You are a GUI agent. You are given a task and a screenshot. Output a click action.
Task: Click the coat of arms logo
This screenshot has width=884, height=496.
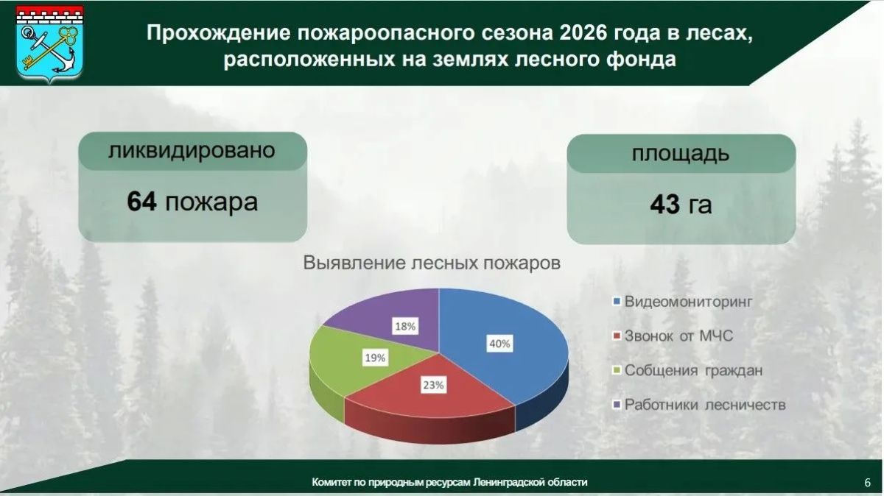click(x=50, y=44)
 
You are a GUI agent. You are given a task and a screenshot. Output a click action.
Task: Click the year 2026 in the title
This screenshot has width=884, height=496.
click(x=583, y=32)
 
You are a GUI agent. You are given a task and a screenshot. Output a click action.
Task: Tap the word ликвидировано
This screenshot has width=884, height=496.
click(x=192, y=150)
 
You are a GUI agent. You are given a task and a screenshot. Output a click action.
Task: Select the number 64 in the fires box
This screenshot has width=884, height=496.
click(x=141, y=202)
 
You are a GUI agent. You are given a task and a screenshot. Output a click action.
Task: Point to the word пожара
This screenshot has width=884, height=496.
click(x=211, y=203)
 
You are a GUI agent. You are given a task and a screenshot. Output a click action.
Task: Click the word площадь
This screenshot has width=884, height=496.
click(x=681, y=154)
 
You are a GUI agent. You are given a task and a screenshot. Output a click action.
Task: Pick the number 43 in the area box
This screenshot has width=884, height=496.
click(x=665, y=205)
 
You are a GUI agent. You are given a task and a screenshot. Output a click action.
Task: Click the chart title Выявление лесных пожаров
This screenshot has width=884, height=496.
click(x=432, y=263)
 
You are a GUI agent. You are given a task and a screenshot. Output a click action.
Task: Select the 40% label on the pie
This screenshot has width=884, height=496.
click(x=499, y=344)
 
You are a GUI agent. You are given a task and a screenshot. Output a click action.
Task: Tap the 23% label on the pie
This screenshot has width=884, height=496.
click(x=433, y=385)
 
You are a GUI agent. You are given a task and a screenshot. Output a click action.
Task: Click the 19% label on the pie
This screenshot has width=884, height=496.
click(x=375, y=358)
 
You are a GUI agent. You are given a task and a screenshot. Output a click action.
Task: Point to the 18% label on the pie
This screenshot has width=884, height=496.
click(x=405, y=327)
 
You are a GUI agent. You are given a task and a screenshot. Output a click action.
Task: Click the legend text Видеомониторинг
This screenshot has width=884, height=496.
click(x=689, y=302)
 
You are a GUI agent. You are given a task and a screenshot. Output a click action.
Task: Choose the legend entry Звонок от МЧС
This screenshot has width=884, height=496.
click(x=673, y=336)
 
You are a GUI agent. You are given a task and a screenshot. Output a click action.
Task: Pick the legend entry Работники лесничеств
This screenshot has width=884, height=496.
click(x=699, y=405)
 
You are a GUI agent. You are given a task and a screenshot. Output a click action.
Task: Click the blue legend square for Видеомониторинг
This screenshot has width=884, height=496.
click(x=617, y=302)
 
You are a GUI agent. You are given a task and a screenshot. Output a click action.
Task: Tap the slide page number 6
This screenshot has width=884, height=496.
click(x=868, y=483)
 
